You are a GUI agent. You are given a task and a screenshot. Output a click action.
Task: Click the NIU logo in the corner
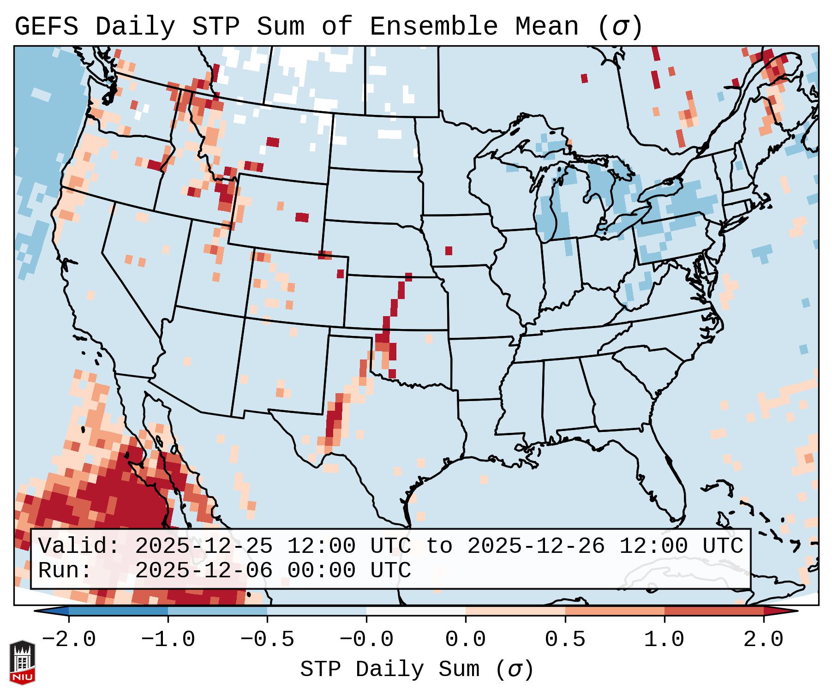22,662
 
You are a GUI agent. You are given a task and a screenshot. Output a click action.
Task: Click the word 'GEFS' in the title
47,27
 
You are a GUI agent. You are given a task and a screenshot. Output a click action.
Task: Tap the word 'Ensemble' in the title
434,27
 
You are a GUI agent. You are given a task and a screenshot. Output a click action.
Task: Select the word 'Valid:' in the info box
79,546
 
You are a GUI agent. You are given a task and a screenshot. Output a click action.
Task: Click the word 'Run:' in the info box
65,570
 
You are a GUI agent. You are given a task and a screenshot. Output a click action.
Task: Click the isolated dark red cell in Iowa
449,251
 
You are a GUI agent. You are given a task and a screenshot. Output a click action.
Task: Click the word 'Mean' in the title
547,27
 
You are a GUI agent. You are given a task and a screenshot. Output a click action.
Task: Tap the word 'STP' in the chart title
215,27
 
